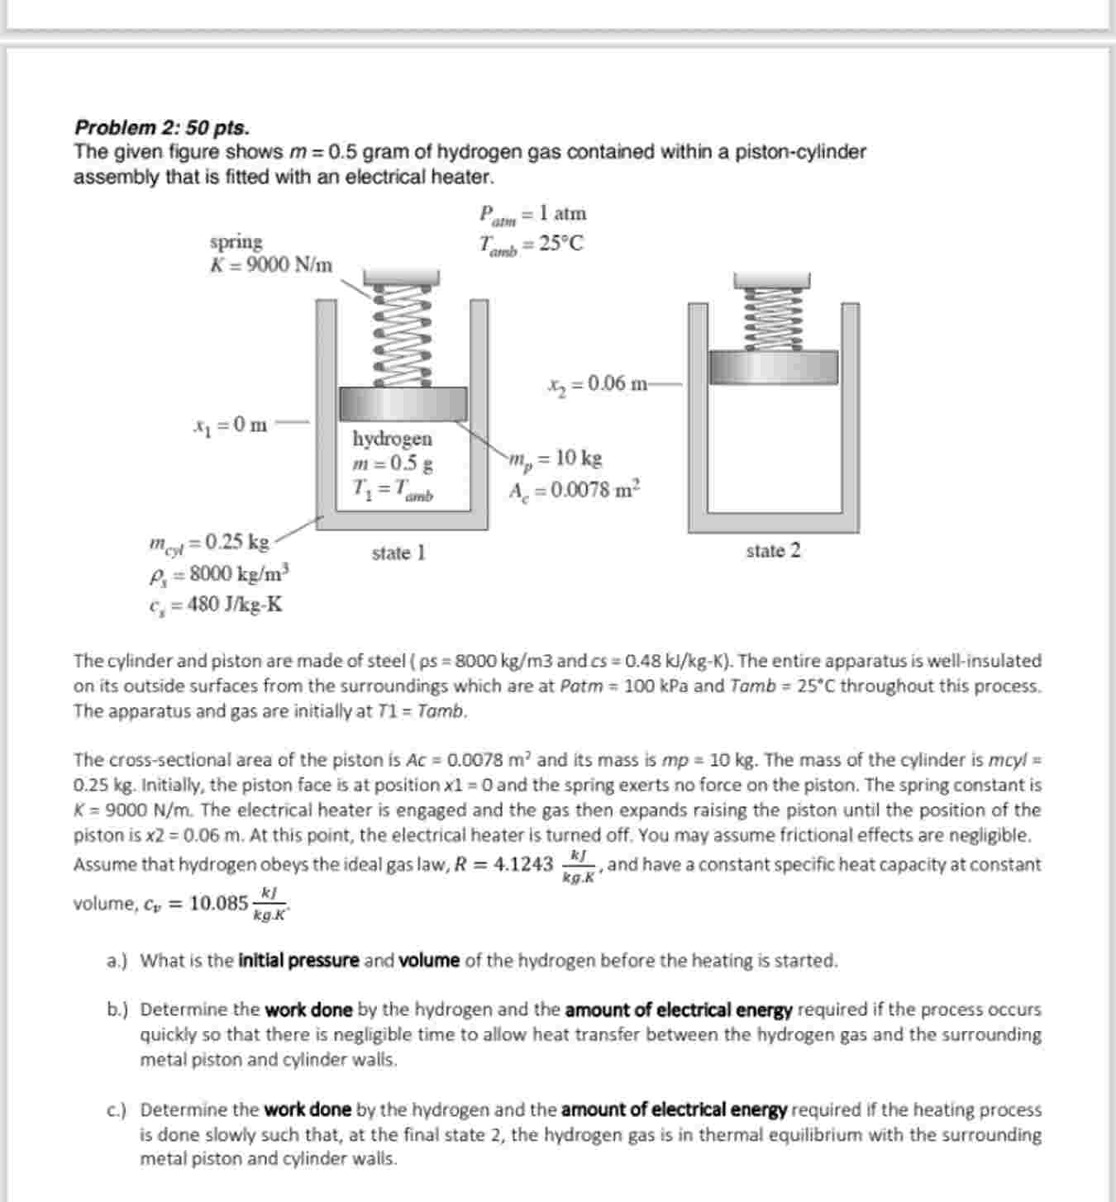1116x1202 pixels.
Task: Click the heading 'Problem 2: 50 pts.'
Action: [162, 127]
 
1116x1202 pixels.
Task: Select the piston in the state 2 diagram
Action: [774, 364]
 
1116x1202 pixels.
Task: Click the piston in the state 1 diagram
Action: [404, 404]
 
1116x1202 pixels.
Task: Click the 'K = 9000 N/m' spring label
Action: [271, 265]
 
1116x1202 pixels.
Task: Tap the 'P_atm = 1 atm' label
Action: [533, 214]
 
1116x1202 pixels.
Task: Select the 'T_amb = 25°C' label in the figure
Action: [531, 245]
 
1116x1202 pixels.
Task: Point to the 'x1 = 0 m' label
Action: [230, 425]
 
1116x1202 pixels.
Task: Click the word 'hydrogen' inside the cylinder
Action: [392, 438]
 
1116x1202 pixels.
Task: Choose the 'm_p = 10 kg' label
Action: [556, 458]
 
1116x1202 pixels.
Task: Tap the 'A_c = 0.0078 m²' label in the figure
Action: [575, 490]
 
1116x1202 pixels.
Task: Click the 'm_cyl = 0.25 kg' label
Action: [209, 543]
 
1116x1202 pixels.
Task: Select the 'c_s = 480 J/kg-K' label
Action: [216, 605]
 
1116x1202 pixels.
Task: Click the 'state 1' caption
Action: [398, 553]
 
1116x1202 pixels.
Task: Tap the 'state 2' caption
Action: [773, 551]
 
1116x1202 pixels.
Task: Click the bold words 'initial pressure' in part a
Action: [298, 961]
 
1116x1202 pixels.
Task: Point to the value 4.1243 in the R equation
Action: [522, 865]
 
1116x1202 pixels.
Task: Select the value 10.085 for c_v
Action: [218, 904]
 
